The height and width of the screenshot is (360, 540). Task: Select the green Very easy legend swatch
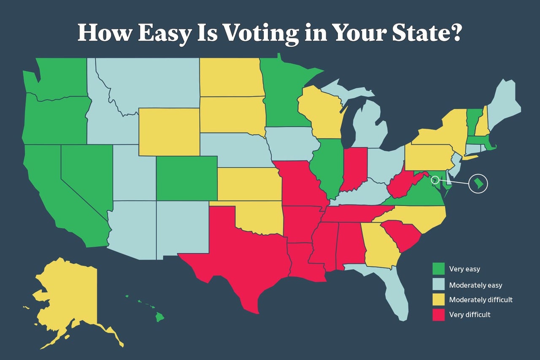[439, 268]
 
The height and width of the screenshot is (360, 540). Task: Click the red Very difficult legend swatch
[439, 314]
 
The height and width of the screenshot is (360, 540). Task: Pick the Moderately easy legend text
[475, 285]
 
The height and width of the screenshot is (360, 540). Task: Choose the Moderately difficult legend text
[481, 300]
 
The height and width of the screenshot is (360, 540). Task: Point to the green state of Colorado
[186, 178]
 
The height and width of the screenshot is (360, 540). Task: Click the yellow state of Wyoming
[169, 132]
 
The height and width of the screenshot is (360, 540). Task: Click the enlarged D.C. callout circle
[478, 184]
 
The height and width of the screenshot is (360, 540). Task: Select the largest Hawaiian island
[159, 317]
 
